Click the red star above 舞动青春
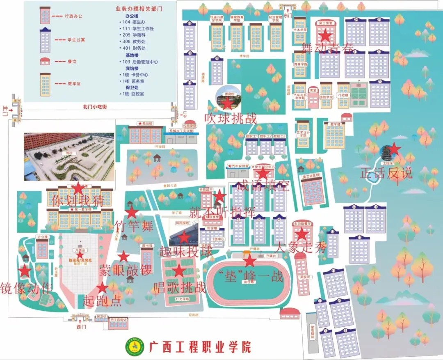325,36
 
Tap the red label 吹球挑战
231,118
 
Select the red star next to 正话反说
394,149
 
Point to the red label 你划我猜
77,201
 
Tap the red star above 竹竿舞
131,212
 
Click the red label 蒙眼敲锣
125,270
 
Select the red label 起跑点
103,300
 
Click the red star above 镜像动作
25,271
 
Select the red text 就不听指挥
222,212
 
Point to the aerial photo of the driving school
69,156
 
